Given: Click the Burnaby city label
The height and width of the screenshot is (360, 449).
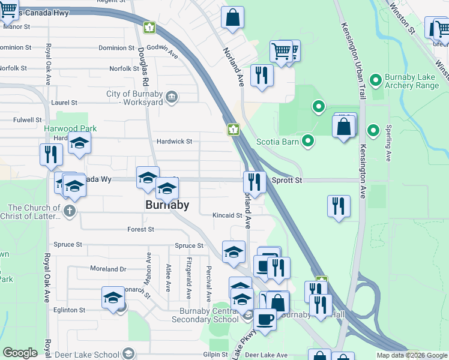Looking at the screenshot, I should point(167,205).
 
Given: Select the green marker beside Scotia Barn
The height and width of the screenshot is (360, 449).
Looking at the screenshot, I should point(309,142).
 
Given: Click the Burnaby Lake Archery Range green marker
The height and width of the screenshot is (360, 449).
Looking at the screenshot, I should point(376,80).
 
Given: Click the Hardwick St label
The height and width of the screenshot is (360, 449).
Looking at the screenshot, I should point(174,142).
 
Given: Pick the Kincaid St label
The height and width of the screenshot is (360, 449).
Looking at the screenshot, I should point(227,215).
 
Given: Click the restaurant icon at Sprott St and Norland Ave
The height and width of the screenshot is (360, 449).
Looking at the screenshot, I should point(255,182).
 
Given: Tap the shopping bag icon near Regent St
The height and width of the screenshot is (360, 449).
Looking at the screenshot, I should point(232,18).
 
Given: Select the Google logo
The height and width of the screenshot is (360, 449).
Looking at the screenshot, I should point(20,353).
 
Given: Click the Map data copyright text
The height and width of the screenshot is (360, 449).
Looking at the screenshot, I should point(412,355).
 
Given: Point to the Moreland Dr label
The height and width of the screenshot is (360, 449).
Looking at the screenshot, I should point(108,269).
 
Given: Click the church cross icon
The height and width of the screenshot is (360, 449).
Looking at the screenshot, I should point(70,211).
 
